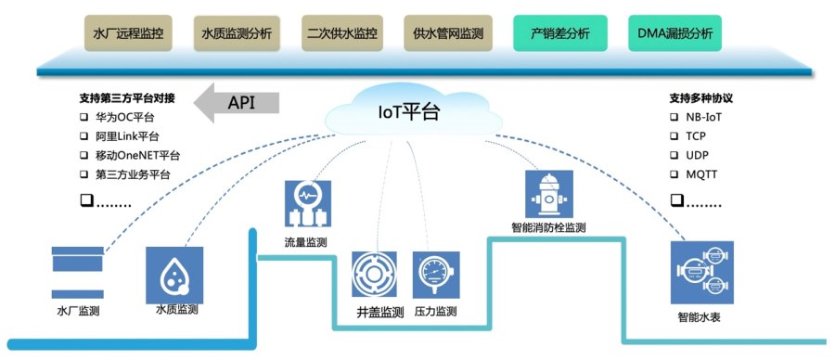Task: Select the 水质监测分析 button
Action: coord(237,32)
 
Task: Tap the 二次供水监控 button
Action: coord(342,32)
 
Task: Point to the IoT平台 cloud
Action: coord(408,113)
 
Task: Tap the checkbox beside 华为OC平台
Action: coord(83,118)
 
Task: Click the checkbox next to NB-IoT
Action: coord(674,118)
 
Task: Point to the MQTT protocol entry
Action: coord(701,174)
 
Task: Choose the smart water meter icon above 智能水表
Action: coord(701,272)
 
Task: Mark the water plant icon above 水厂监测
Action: coord(78,270)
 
